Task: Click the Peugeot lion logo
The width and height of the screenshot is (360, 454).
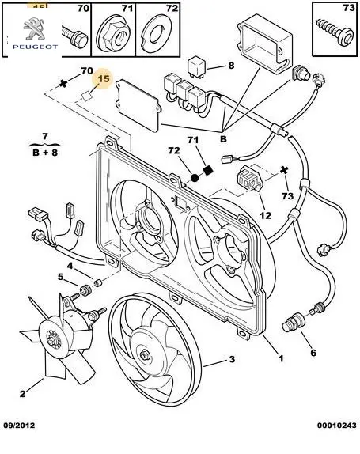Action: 33,28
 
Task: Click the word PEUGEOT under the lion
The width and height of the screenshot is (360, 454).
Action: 35,47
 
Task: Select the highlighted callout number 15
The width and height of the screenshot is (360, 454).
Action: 104,78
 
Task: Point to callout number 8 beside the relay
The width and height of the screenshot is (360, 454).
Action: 231,66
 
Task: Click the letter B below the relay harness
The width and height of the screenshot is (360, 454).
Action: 223,139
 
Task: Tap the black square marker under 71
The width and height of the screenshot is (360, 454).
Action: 207,170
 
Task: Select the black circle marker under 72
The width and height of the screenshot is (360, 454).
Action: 195,177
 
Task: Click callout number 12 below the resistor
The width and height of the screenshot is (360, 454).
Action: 265,215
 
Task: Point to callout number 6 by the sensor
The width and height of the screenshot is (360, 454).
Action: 313,353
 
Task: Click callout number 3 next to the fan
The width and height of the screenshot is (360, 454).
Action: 232,359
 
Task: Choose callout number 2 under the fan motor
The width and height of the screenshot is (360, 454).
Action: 23,393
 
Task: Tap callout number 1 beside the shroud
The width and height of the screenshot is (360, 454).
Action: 281,358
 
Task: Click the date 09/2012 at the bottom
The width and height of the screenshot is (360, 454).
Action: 19,426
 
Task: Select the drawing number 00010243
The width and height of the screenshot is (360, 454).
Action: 337,426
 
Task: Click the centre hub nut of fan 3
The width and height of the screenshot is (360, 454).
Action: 144,355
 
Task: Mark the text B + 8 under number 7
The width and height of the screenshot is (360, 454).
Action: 45,153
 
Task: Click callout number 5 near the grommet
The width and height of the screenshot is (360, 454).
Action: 60,277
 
